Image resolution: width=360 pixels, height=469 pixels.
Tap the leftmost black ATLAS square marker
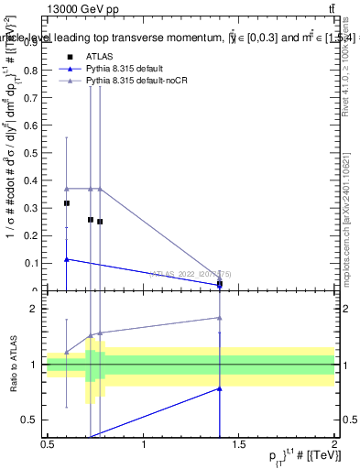click(x=67, y=203)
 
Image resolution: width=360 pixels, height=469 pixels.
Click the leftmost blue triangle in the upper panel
click(x=67, y=259)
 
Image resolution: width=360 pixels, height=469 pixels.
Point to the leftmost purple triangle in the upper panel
click(x=67, y=189)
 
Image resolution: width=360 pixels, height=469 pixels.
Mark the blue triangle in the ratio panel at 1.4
click(x=220, y=388)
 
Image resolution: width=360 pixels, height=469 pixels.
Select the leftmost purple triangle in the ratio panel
click(x=67, y=352)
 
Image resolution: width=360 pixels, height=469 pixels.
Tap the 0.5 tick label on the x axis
click(x=48, y=444)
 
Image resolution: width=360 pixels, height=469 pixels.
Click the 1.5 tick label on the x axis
click(x=239, y=444)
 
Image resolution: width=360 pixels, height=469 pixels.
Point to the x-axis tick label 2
click(x=334, y=444)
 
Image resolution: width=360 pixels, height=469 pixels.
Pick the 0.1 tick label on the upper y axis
click(x=34, y=263)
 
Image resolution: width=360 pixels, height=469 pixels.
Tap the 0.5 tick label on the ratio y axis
click(x=34, y=420)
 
